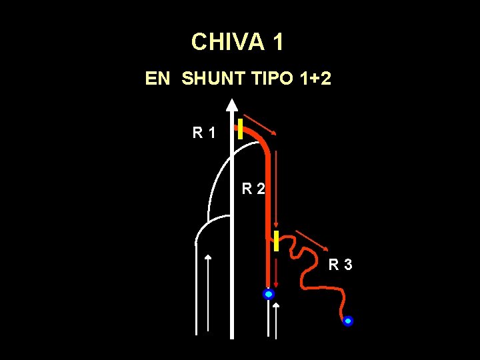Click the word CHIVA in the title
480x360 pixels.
click(x=227, y=43)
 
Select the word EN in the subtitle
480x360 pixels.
click(x=158, y=79)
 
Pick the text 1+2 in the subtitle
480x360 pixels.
click(x=316, y=79)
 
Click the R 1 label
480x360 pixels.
click(x=204, y=133)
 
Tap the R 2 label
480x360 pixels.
click(x=253, y=189)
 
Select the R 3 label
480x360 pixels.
click(x=340, y=265)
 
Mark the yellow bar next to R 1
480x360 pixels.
click(x=239, y=127)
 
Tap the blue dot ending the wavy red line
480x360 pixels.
click(x=347, y=321)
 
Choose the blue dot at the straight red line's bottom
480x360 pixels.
click(x=269, y=294)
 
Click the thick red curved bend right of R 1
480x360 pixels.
click(x=261, y=139)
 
